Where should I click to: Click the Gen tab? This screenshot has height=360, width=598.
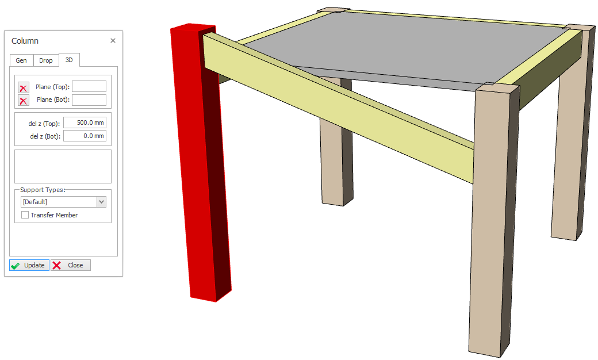(21, 60)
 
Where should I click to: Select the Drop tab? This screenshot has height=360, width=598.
(46, 60)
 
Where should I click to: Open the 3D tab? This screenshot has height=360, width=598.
(69, 60)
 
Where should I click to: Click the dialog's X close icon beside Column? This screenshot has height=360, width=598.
(113, 40)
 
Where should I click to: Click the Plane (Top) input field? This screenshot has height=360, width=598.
(89, 87)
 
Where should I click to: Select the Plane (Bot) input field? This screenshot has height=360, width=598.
(89, 100)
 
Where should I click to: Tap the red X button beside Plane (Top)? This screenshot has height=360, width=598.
(23, 88)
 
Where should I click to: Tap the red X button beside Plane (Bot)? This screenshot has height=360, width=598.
(23, 100)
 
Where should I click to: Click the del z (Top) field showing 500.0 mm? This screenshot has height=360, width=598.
(85, 122)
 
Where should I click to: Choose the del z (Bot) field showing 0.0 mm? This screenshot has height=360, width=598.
(85, 136)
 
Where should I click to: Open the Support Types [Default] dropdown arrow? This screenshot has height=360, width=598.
(101, 202)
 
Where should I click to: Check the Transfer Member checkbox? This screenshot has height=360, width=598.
(25, 215)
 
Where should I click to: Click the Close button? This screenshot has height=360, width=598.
(71, 265)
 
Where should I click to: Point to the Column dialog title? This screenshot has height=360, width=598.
(25, 41)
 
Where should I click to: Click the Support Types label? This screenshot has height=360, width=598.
(43, 190)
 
